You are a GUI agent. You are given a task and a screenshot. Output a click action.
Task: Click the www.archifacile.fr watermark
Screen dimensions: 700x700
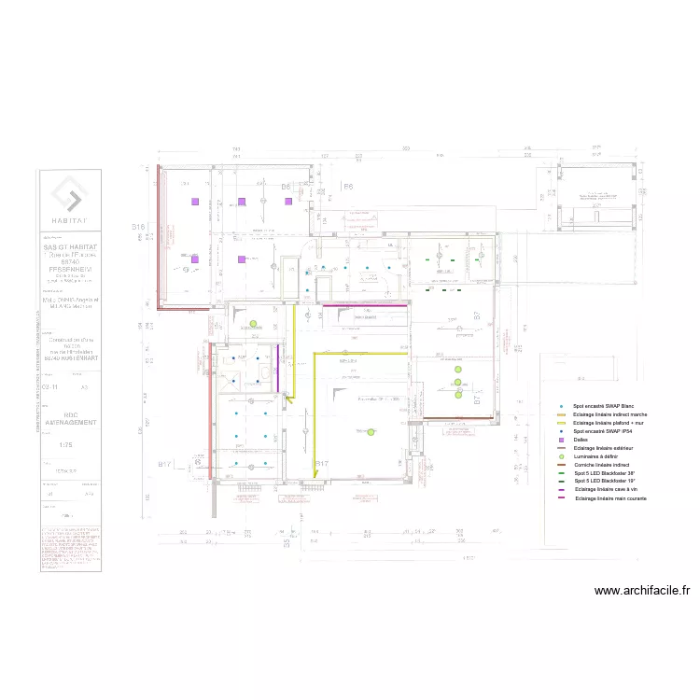[642, 590]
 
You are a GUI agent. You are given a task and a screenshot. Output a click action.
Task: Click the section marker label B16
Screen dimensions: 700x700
[139, 228]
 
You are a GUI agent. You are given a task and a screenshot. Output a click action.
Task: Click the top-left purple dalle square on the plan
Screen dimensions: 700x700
[195, 202]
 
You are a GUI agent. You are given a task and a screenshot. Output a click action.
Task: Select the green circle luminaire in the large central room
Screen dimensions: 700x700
[371, 431]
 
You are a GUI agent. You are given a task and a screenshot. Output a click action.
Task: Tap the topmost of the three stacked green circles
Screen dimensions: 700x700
[458, 370]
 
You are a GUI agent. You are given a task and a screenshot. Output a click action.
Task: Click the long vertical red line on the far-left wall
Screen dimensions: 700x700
[158, 237]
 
